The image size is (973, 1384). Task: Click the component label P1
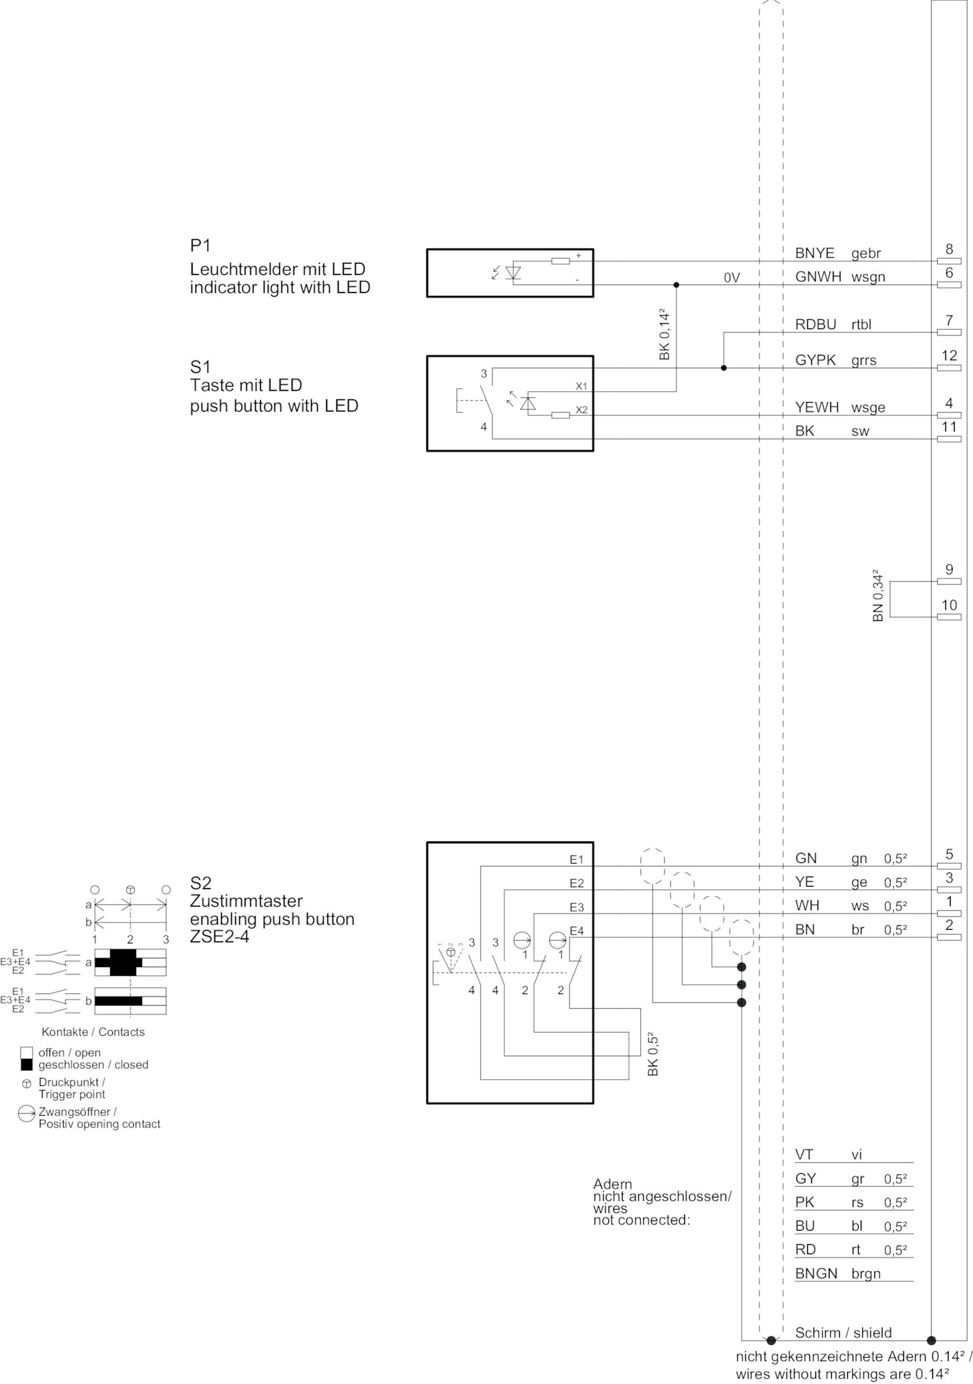point(200,245)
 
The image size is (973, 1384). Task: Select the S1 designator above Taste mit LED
point(200,367)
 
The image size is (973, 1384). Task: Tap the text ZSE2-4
point(220,937)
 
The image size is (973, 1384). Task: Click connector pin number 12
point(949,355)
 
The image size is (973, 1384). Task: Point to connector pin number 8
point(949,249)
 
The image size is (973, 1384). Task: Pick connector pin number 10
point(949,605)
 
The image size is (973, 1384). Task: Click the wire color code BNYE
point(815,253)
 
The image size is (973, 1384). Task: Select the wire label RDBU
point(815,324)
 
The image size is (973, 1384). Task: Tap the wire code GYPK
point(815,360)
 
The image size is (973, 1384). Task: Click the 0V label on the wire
point(732,277)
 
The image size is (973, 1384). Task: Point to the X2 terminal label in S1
point(582,410)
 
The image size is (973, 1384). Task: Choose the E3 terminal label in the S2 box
point(576,907)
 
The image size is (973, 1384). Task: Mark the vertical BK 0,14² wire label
point(664,334)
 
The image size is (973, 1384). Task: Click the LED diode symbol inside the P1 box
point(514,272)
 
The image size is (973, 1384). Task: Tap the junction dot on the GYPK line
point(723,368)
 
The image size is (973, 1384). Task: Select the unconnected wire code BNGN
point(816,1274)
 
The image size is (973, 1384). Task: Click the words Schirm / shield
point(843,1333)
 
